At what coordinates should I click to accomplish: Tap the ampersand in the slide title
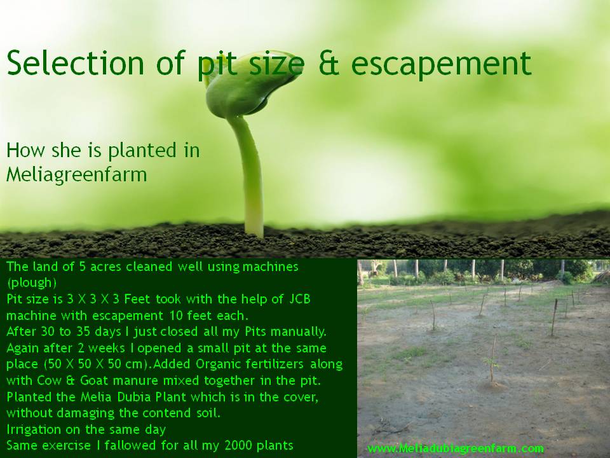[329, 63]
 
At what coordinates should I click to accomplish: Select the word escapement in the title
[441, 64]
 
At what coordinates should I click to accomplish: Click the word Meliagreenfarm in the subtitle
[77, 175]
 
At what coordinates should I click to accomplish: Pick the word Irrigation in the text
[34, 429]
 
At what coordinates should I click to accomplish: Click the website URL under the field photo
[456, 448]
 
